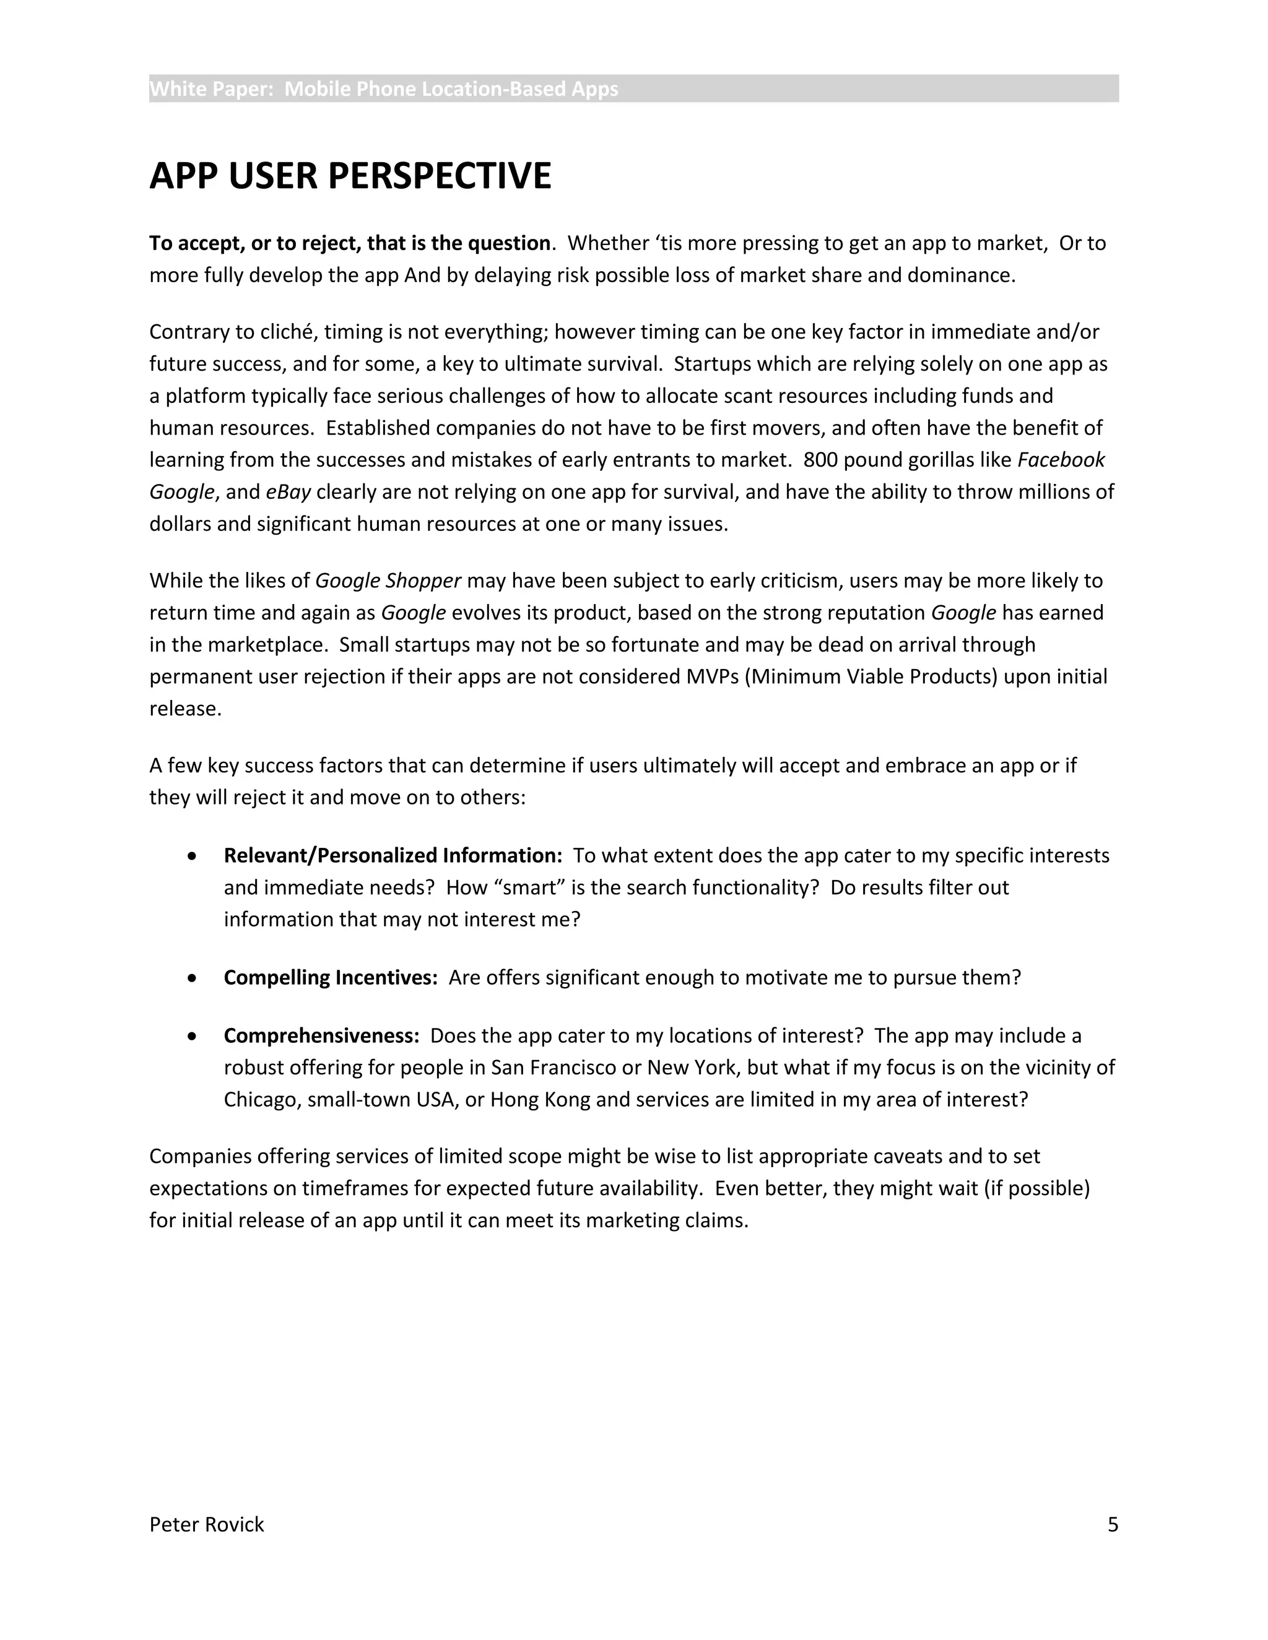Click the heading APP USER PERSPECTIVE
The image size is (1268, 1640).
[x=350, y=176]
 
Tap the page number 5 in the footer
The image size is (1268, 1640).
[x=1113, y=1524]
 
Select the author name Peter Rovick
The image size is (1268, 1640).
[x=207, y=1524]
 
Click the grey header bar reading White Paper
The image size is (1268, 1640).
[x=633, y=88]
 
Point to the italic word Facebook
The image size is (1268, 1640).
[x=1061, y=460]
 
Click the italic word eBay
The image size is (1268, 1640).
[x=289, y=492]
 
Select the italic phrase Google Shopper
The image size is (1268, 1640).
[x=388, y=580]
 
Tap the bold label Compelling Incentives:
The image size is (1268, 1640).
[x=331, y=978]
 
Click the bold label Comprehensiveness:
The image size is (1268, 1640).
[x=321, y=1035]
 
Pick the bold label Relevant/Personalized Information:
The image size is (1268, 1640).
[x=393, y=855]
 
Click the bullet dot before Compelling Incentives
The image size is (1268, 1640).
[x=193, y=978]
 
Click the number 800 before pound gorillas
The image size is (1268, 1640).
[x=820, y=460]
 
